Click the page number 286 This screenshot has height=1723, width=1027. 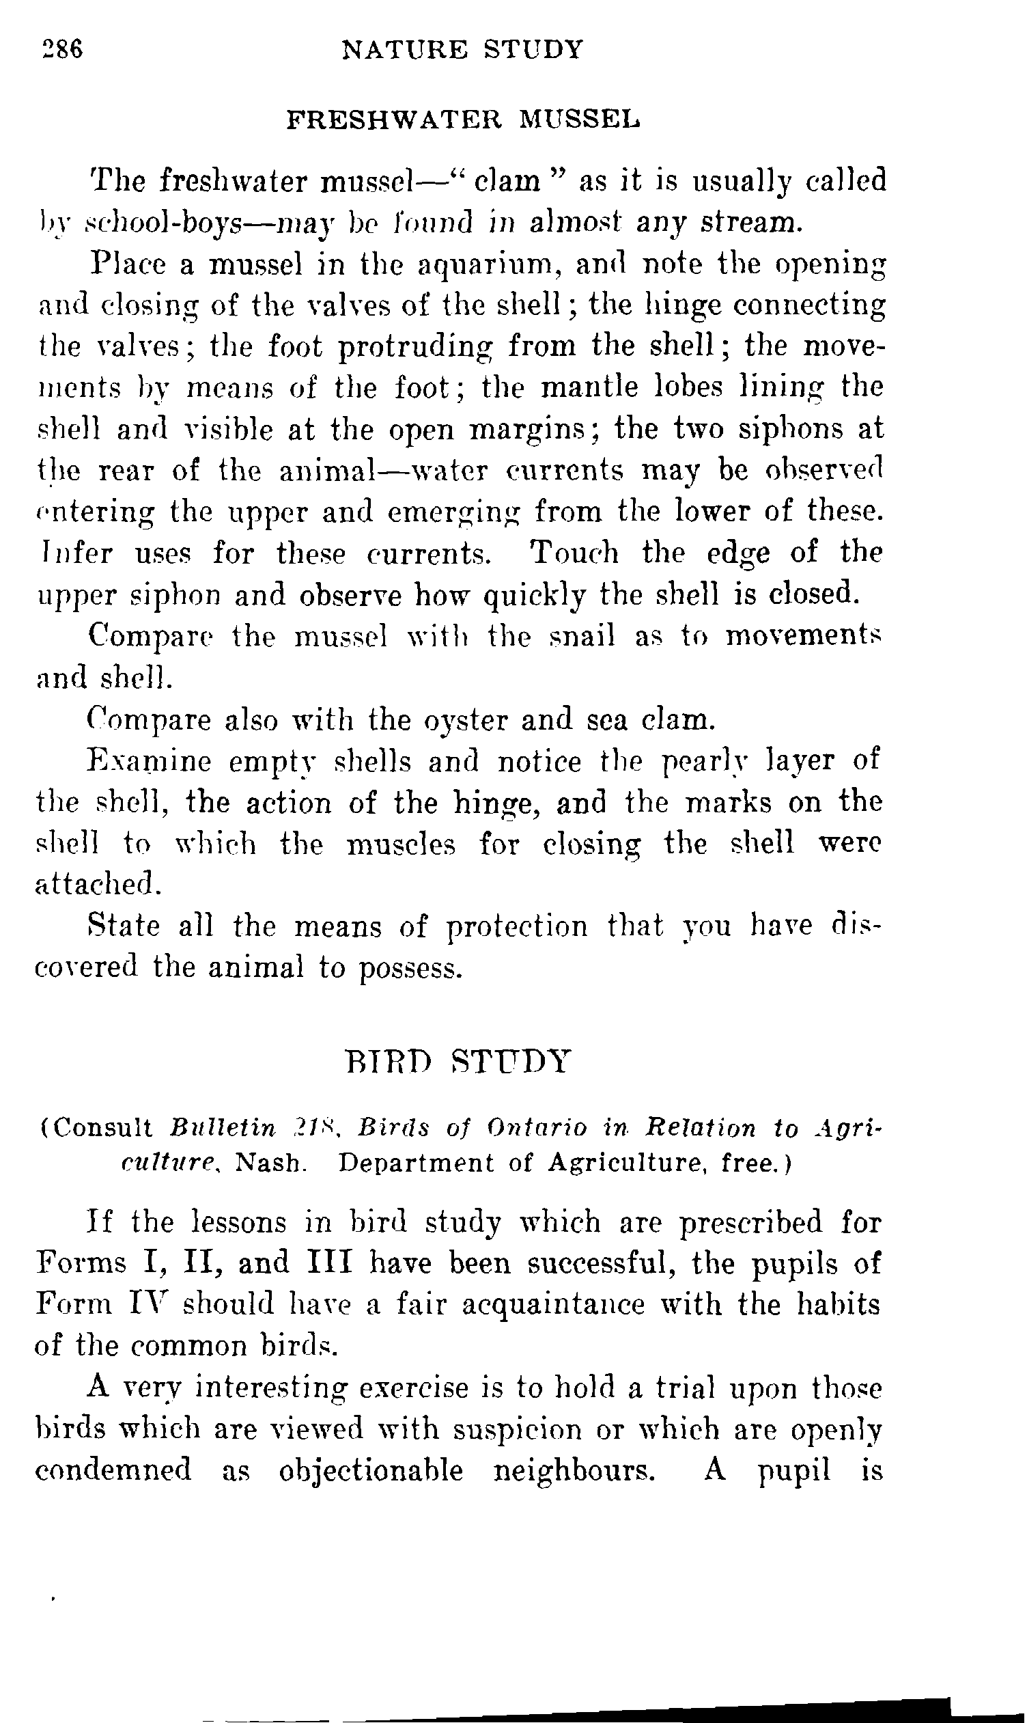pos(63,50)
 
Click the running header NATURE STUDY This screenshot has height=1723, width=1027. pos(463,50)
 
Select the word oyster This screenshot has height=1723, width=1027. pos(464,720)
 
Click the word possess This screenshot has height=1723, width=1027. pos(410,968)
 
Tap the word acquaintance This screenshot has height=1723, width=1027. pos(553,1304)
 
